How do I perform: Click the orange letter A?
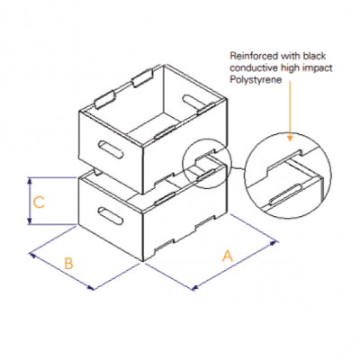coord(227,256)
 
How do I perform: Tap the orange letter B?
coord(67,264)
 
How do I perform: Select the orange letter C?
coord(39,203)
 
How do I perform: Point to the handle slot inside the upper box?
coord(193,99)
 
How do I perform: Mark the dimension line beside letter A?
coord(234,265)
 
